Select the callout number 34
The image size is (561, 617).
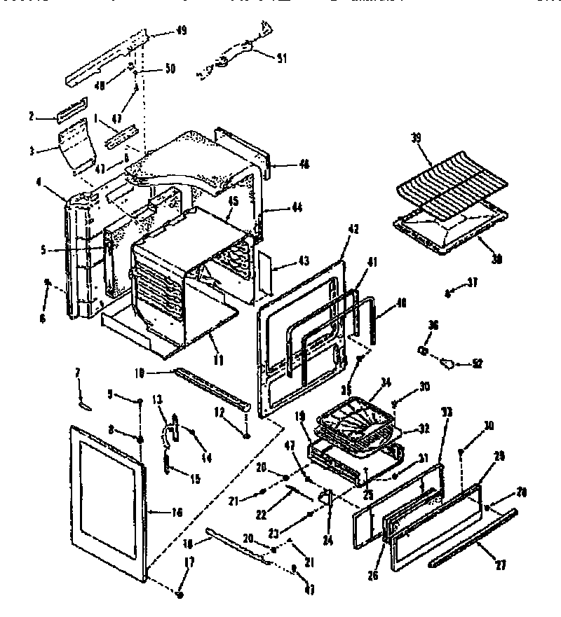(384, 382)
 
